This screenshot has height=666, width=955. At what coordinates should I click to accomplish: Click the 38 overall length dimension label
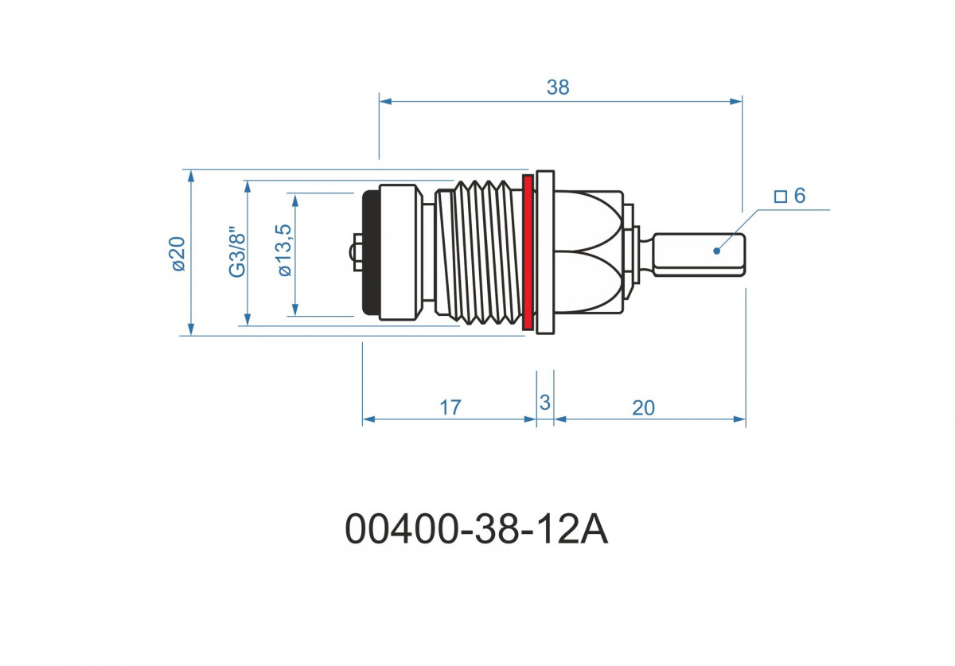558,88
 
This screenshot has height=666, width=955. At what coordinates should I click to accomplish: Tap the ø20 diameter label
178,254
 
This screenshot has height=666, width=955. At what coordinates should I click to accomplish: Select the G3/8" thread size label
237,251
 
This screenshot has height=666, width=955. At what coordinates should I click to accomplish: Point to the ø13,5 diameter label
284,251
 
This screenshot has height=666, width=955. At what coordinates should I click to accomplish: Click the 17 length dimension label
450,407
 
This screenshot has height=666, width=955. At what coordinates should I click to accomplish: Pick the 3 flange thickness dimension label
545,403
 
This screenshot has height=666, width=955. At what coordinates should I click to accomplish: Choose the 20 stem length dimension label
643,408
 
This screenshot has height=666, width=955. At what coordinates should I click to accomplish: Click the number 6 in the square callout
800,196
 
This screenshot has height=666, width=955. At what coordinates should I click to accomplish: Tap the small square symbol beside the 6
781,197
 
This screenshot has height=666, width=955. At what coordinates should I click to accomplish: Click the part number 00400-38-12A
476,529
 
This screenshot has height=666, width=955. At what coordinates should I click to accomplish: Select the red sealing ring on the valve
528,252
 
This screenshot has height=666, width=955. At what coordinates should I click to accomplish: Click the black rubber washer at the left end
371,252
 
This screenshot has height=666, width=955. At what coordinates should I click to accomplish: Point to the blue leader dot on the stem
717,251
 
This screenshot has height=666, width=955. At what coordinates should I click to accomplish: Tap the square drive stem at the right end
700,255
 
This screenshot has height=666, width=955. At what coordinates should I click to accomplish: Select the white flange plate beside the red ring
545,252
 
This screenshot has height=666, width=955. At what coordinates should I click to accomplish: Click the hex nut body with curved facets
589,252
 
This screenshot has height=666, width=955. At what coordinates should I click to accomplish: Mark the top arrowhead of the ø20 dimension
191,176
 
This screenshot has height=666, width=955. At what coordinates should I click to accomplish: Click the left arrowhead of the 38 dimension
385,102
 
